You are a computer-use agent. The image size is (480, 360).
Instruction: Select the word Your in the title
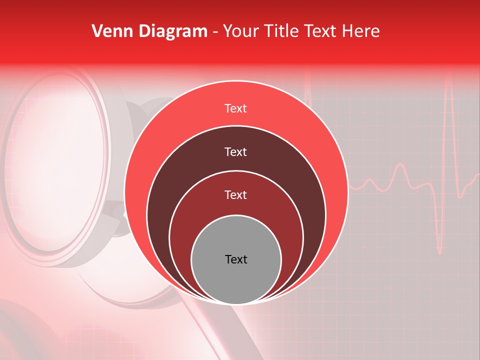(240, 31)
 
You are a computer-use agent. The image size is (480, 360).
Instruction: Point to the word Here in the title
(361, 31)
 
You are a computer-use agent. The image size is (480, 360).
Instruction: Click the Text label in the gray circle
(236, 259)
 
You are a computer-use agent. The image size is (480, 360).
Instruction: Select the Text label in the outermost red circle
(236, 108)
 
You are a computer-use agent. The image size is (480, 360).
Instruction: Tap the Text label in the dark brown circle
(236, 152)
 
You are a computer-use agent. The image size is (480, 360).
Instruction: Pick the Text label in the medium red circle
(236, 195)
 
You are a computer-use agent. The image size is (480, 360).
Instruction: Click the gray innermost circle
(236, 280)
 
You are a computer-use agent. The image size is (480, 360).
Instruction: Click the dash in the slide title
(215, 32)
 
